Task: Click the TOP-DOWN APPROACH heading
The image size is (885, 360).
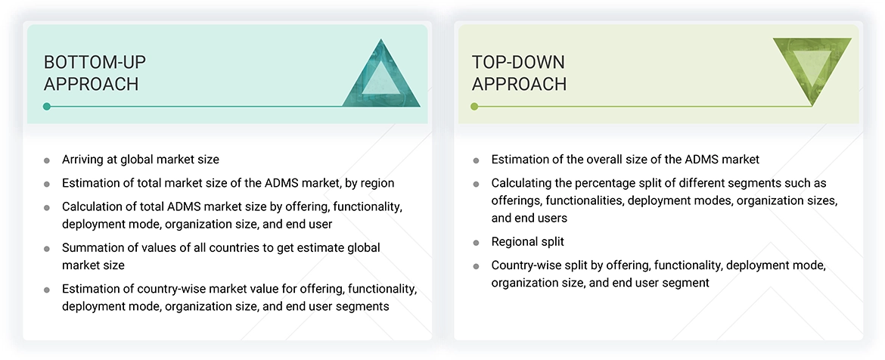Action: coord(519,73)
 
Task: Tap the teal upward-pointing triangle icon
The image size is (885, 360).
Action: coord(381,76)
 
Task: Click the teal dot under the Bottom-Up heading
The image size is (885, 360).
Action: coord(47,107)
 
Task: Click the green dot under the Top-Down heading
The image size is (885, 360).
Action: coord(474,107)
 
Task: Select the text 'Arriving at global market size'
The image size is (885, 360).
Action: coord(141,160)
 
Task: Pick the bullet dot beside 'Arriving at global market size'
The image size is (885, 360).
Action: coord(47,160)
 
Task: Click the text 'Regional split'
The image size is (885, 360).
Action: coord(527,242)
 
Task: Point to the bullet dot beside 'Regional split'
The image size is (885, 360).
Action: coord(476,243)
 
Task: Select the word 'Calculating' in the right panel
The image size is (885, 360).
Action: coord(523,184)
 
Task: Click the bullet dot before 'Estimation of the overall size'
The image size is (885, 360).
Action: coord(476,160)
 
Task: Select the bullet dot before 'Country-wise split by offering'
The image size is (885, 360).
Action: coord(476,267)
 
